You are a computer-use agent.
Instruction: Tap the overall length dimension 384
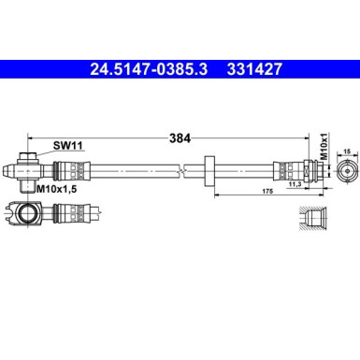(x=180, y=137)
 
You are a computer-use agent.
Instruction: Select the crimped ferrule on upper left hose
(x=70, y=171)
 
